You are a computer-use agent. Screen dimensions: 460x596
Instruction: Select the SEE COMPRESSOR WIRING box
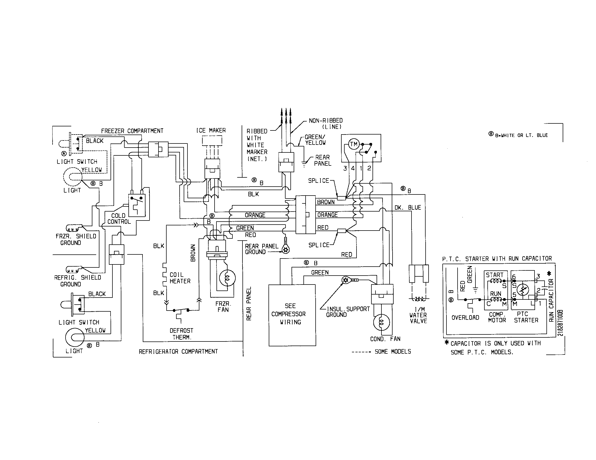[x=292, y=315]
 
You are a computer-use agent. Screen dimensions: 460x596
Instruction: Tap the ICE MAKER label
[x=211, y=130]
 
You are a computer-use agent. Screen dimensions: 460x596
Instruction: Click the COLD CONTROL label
[x=119, y=219]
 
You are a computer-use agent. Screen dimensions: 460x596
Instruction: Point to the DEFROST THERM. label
[x=182, y=334]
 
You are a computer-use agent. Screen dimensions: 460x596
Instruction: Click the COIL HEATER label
[x=180, y=278]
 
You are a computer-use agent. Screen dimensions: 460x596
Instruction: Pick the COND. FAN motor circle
[x=381, y=322]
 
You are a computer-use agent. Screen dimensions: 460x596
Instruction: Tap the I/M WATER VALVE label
[x=418, y=315]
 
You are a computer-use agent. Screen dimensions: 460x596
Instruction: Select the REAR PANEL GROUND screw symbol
[x=286, y=249]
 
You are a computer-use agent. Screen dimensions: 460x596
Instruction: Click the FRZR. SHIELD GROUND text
[x=76, y=239]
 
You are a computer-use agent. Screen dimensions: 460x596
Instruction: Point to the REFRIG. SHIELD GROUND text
[x=77, y=281]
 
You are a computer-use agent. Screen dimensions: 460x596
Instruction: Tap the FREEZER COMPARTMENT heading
[x=132, y=131]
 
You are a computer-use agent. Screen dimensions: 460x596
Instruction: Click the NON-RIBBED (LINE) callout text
[x=326, y=123]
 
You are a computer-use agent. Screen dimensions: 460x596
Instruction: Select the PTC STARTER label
[x=526, y=317]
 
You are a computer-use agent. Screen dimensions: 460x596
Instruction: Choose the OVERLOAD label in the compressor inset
[x=465, y=317]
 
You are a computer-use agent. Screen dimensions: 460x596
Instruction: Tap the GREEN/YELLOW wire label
[x=315, y=140]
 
